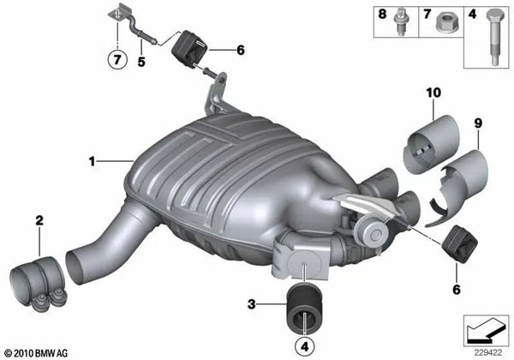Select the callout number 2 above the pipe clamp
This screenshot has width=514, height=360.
(39, 222)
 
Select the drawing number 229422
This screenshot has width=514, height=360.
(490, 350)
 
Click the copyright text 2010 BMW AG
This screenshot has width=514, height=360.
(36, 352)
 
